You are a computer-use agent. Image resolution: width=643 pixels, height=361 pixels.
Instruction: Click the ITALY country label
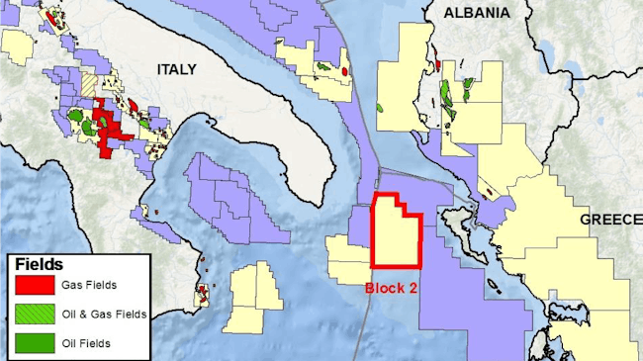click(x=176, y=69)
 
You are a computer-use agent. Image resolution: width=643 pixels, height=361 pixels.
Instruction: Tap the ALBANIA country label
click(x=478, y=13)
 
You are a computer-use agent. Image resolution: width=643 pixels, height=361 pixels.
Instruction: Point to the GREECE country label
click(x=610, y=219)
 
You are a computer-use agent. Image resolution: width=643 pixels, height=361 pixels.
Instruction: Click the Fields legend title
click(x=40, y=265)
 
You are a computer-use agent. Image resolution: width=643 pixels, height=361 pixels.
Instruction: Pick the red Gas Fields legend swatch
click(x=34, y=286)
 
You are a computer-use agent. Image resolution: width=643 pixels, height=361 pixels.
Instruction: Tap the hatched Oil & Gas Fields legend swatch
click(x=34, y=315)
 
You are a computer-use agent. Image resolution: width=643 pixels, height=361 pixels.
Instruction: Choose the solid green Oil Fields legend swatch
click(x=34, y=344)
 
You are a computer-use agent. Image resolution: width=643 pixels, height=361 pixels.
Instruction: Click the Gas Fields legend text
click(x=89, y=286)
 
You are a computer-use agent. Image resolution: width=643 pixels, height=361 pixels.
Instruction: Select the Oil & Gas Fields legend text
click(x=104, y=315)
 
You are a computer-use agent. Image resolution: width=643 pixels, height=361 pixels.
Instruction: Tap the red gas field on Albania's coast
click(x=437, y=66)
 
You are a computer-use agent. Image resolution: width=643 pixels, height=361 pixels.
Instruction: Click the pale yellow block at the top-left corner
click(x=18, y=45)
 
